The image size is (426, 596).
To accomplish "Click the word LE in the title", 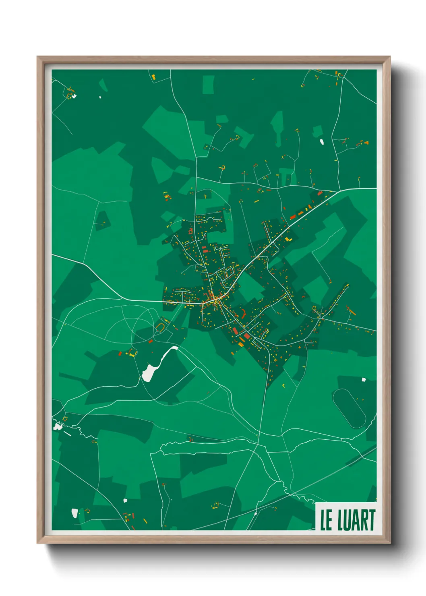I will pos(326,520).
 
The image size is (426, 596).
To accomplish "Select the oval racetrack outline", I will pos(349,408).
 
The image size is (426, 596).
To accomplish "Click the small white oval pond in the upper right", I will pos(322,141).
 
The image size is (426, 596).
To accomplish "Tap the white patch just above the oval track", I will pos(364,379).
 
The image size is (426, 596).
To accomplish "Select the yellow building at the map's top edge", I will pos(153,76).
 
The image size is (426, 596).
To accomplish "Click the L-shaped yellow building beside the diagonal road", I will pos(287,239).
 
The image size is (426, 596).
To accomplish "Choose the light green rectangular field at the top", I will pos(208,85).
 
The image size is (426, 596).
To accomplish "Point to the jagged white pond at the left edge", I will pos(58,426).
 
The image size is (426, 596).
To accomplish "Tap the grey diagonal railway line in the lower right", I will pos(346,467).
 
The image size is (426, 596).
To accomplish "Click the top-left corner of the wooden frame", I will pos(37,57).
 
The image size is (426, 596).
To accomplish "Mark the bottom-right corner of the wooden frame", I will pos(390,543).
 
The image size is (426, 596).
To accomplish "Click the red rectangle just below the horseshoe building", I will pos(151,341).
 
